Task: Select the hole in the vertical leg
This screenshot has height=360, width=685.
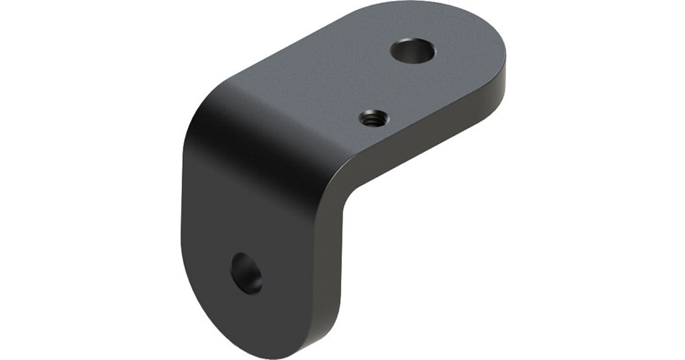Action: tap(246, 273)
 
